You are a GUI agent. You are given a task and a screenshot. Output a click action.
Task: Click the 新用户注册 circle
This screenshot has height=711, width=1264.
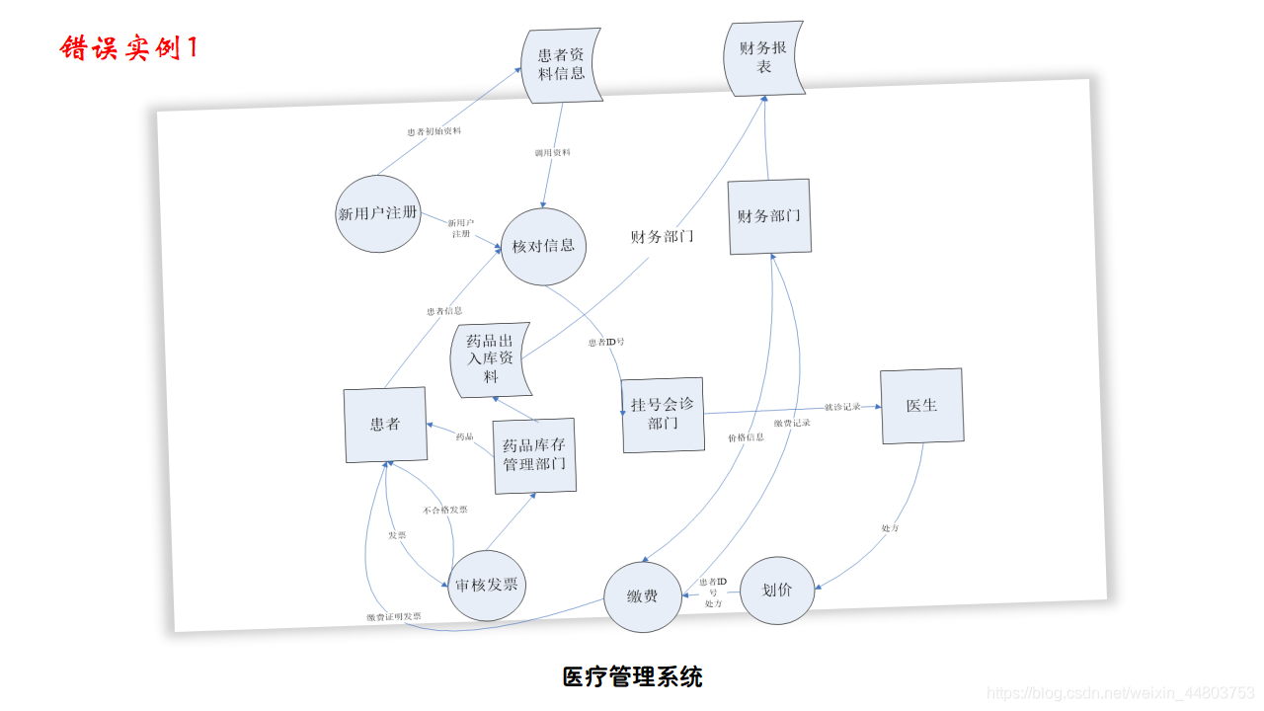[x=378, y=213]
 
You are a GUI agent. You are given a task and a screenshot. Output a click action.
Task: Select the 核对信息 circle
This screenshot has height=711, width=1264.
[x=543, y=246]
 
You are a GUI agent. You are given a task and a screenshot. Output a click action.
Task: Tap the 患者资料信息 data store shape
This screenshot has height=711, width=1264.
[x=562, y=65]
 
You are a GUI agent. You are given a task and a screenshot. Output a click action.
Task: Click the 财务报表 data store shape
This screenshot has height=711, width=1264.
[x=764, y=56]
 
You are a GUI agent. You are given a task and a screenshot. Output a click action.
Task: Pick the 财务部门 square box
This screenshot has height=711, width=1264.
[x=769, y=216]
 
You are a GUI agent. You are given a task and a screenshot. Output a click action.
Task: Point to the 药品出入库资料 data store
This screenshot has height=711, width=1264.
[x=491, y=359]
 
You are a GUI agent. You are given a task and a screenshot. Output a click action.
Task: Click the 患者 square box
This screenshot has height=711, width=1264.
[x=385, y=425]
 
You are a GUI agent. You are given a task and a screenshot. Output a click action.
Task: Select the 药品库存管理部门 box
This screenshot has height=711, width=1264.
[x=534, y=455]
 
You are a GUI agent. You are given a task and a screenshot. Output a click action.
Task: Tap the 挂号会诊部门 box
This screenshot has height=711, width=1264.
[x=663, y=415]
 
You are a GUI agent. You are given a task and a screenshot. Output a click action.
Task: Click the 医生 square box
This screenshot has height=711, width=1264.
[x=921, y=406]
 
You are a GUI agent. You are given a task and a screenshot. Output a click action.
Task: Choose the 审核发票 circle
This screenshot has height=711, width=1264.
[x=487, y=585]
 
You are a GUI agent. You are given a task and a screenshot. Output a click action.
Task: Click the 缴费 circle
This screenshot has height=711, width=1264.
[x=643, y=596]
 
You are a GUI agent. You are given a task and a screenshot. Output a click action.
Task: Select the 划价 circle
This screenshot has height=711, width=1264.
[x=777, y=591]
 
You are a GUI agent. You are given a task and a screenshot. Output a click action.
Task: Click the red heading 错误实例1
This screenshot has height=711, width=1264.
[x=128, y=47]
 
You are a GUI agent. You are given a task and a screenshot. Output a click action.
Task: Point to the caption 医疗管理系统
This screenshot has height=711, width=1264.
[x=632, y=677]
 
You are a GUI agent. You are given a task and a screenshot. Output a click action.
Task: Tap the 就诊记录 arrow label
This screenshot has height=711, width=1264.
[x=842, y=407]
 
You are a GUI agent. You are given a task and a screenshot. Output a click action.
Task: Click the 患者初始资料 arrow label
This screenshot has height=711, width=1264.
[x=434, y=131]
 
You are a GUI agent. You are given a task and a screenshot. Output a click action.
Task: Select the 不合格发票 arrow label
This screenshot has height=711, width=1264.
[x=444, y=510]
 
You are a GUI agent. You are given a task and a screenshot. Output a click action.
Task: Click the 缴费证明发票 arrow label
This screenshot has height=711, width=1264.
[x=393, y=617]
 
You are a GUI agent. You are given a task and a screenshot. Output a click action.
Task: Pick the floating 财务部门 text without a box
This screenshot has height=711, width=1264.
[x=662, y=237]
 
